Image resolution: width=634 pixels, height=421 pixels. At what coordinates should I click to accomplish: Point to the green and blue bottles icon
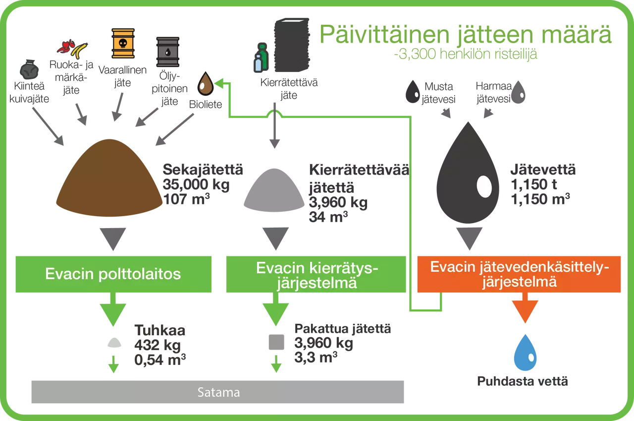point(261,58)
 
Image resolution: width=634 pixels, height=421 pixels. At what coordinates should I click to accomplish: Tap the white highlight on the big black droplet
point(484,186)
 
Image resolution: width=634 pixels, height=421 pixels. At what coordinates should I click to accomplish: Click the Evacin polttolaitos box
point(113,274)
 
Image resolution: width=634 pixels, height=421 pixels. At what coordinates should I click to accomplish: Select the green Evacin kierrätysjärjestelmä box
point(317,275)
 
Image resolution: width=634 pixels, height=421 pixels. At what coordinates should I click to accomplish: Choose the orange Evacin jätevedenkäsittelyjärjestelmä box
point(519,274)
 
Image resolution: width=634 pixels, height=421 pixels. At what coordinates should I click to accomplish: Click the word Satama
point(218,393)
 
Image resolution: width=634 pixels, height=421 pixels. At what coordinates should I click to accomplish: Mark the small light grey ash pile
point(113,342)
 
